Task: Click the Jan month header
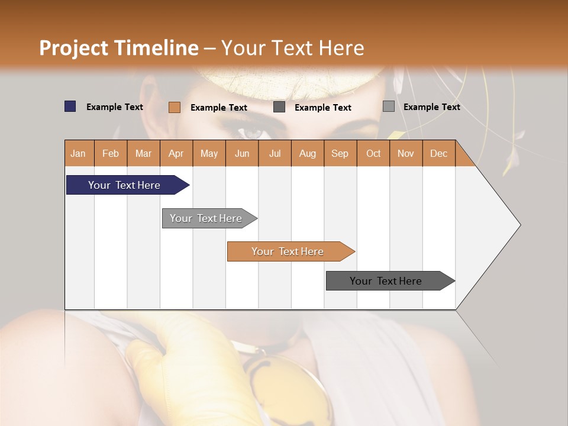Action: click(x=79, y=153)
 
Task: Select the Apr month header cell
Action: click(x=176, y=153)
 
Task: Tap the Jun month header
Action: click(x=242, y=153)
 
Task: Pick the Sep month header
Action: click(x=340, y=153)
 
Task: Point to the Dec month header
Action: click(x=438, y=153)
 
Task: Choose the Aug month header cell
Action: click(x=308, y=153)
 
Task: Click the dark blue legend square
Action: click(x=70, y=106)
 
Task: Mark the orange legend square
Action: click(x=175, y=107)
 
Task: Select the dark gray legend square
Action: click(x=279, y=107)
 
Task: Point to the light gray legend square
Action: click(x=389, y=106)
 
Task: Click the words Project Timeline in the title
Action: click(x=119, y=48)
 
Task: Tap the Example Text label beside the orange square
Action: click(x=219, y=108)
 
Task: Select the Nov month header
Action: click(x=406, y=153)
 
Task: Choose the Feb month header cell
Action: click(x=111, y=153)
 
